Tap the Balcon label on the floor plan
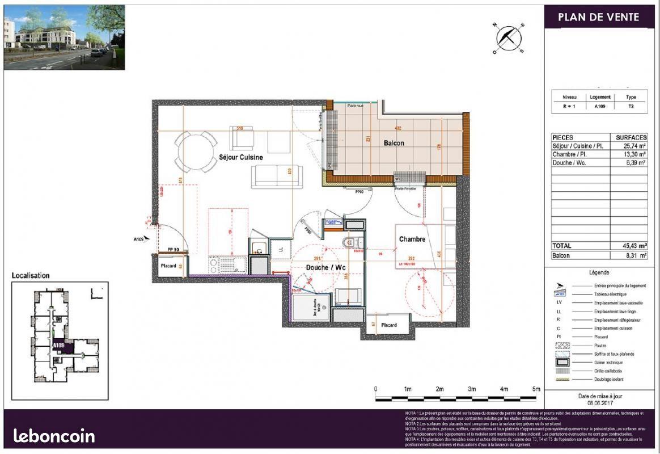click(x=394, y=143)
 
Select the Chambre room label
click(x=412, y=239)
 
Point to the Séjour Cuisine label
click(x=241, y=157)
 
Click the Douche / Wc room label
click(x=326, y=267)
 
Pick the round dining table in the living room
click(x=194, y=151)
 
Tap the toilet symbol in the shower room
click(x=348, y=242)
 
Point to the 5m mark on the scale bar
click(x=536, y=389)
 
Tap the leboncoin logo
click(x=54, y=436)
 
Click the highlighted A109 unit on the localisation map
click(x=59, y=346)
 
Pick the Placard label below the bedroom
click(x=388, y=325)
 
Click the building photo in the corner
click(x=64, y=37)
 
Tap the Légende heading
click(x=599, y=272)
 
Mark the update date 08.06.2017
click(x=599, y=403)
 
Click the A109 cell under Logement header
click(x=599, y=106)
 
